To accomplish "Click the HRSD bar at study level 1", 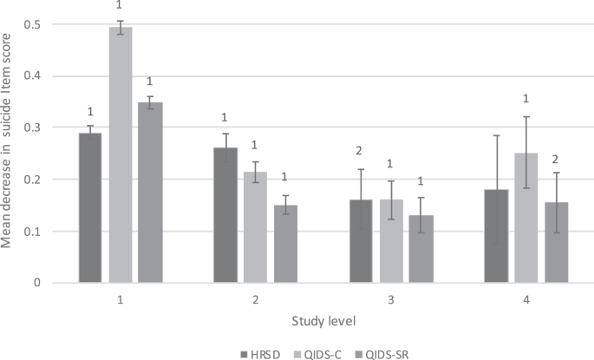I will pyautogui.click(x=90, y=208).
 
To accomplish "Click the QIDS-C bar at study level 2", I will pyautogui.click(x=255, y=227).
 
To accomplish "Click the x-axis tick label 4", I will pyautogui.click(x=525, y=298).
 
